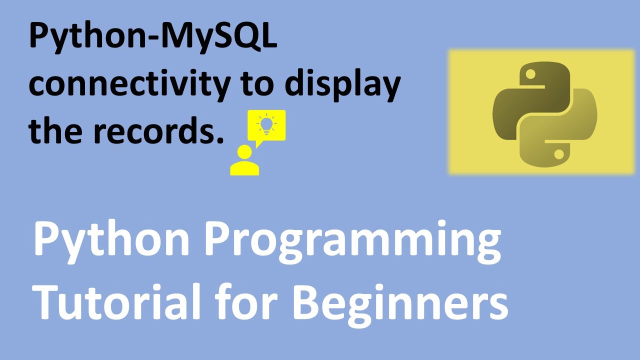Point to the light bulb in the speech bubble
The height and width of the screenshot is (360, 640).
pos(266,124)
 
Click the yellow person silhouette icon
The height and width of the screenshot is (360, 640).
pos(244,160)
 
